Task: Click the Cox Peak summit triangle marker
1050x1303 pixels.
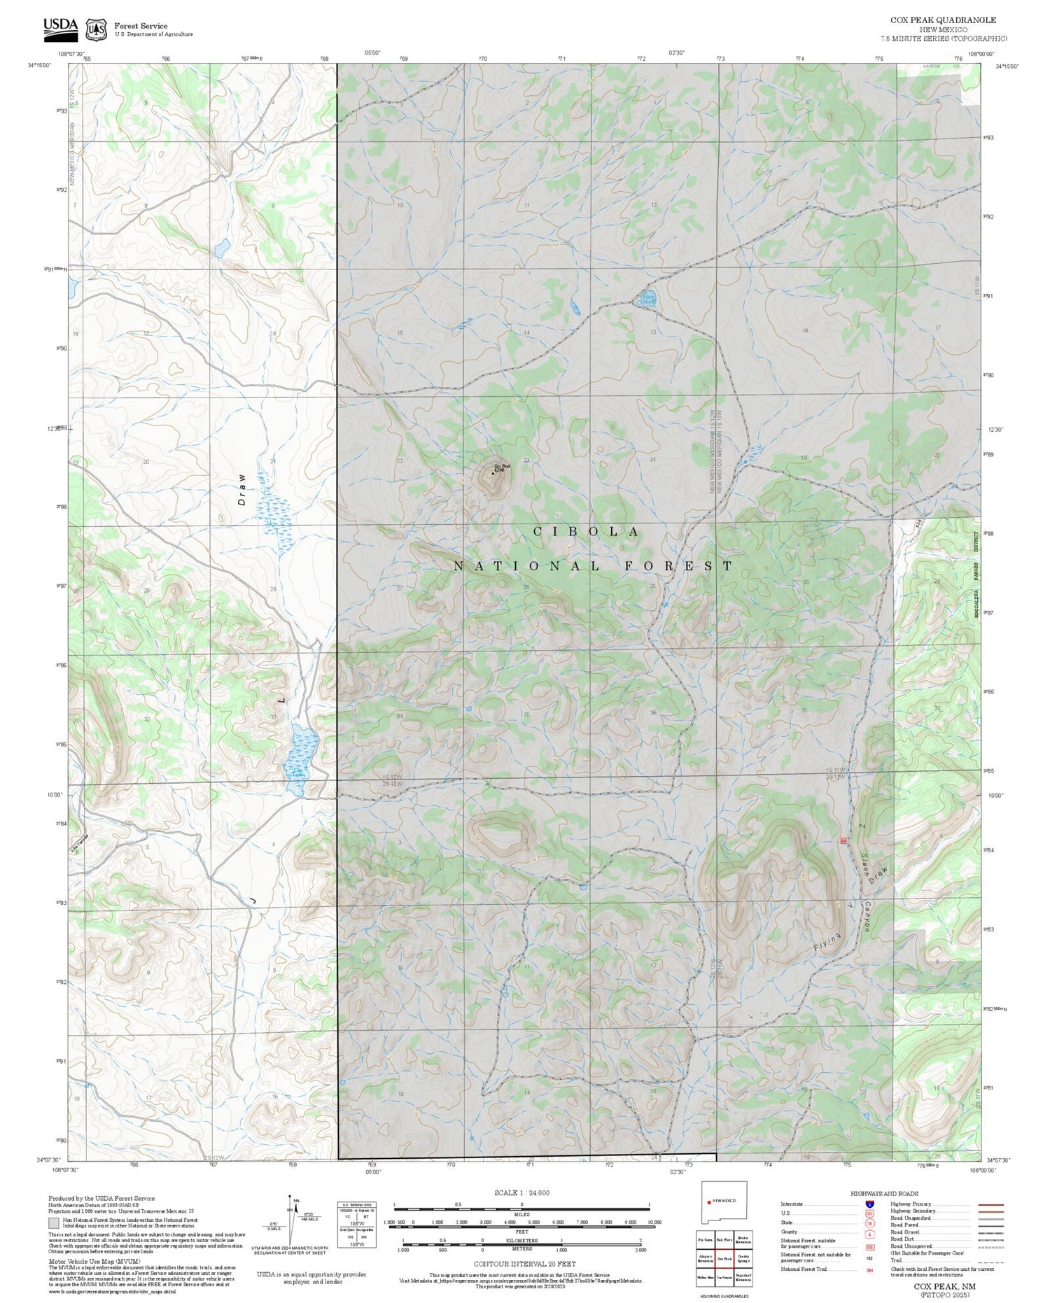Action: [493, 473]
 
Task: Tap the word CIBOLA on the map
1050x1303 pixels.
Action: [586, 532]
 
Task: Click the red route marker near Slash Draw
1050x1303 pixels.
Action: [843, 840]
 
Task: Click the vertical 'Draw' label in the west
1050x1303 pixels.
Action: [241, 489]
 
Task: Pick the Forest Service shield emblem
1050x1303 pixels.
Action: [96, 29]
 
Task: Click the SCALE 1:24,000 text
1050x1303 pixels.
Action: [521, 1192]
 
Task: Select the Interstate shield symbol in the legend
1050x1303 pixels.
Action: [869, 1204]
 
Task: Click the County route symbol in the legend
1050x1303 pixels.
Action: [869, 1232]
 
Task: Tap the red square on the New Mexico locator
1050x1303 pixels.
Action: [709, 1202]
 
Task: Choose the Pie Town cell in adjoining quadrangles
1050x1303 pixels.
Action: [705, 1239]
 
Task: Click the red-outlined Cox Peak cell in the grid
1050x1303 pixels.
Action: [724, 1258]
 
